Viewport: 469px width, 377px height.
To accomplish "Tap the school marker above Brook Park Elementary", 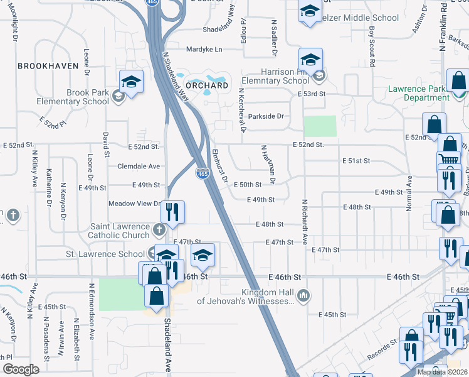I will pyautogui.click(x=132, y=82).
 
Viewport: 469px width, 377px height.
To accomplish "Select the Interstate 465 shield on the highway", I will pyautogui.click(x=203, y=173).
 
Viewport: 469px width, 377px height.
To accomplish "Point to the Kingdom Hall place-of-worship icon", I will pyautogui.click(x=303, y=295).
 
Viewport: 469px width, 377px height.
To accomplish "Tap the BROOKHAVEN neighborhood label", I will pyautogui.click(x=48, y=65).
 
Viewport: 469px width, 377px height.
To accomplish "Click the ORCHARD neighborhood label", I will pyautogui.click(x=207, y=85).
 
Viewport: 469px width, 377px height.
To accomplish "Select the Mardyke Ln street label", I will pyautogui.click(x=204, y=49).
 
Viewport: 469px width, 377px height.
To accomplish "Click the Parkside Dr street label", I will pyautogui.click(x=266, y=116).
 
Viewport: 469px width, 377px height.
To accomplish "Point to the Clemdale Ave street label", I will pyautogui.click(x=139, y=167).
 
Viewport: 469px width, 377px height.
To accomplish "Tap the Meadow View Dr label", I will pyautogui.click(x=135, y=204).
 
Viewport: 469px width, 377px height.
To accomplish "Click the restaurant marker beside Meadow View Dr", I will pyautogui.click(x=174, y=211).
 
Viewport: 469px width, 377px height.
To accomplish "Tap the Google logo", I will pyautogui.click(x=21, y=369).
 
